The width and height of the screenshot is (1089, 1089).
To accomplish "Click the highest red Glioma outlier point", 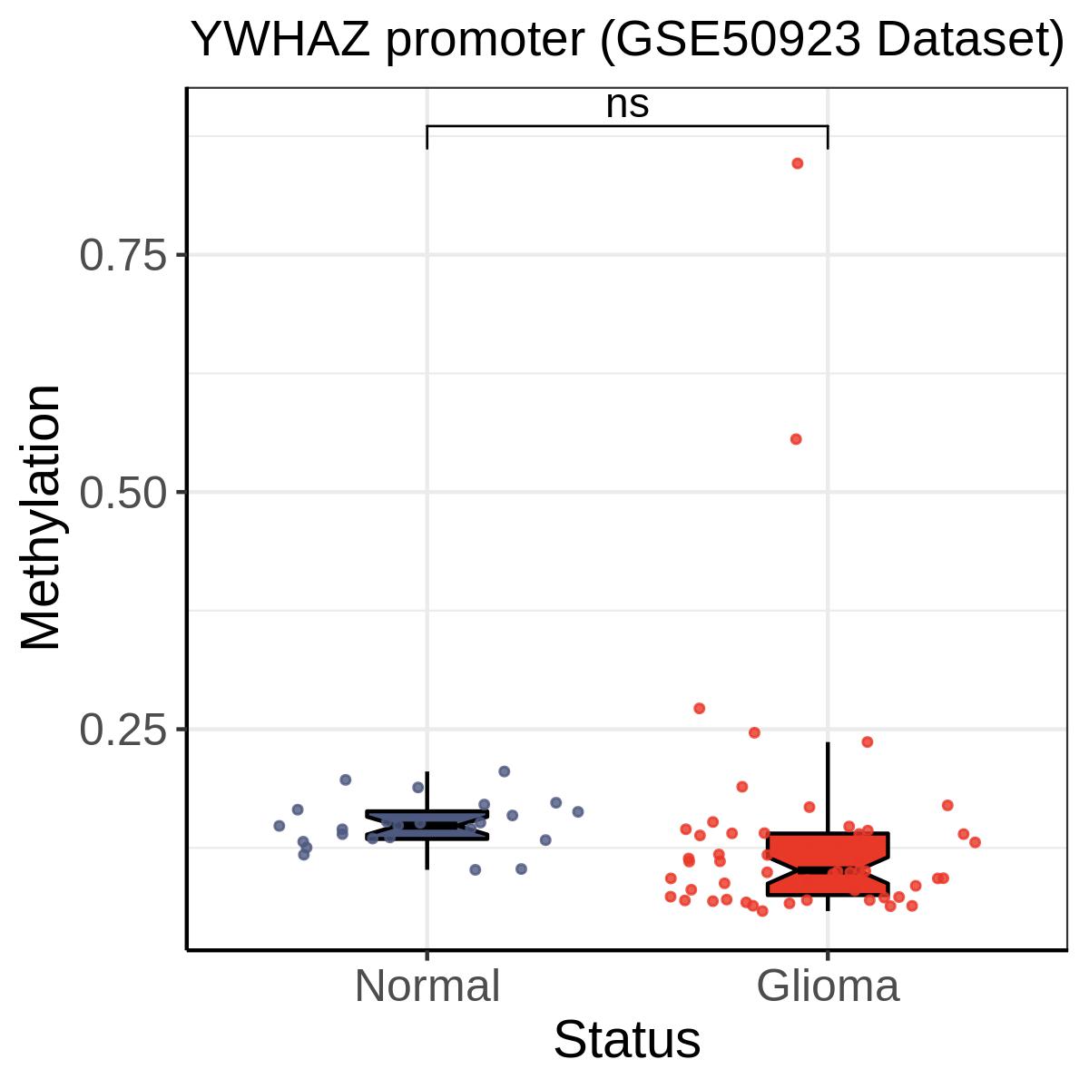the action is coord(797,163).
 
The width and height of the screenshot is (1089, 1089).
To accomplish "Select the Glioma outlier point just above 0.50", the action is coord(796,439).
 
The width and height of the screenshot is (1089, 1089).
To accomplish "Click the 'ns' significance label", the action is coord(627,104).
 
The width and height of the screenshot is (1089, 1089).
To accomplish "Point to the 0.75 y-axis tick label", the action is coord(123,255).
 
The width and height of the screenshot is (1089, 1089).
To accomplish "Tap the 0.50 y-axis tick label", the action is coord(123,492).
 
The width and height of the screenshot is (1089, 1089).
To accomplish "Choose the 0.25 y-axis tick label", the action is coord(123,730).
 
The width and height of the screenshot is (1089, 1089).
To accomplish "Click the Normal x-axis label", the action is coord(427,986).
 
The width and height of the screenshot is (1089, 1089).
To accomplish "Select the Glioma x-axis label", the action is coord(828,986).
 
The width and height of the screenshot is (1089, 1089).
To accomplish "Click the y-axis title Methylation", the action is coord(41,517).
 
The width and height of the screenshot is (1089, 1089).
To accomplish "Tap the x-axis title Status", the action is coord(627,1039).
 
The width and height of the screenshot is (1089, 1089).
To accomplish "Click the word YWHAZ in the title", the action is coord(280,40).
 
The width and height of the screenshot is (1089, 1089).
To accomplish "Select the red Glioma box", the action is coord(828,864).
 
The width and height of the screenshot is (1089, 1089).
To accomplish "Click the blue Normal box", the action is coord(427,825).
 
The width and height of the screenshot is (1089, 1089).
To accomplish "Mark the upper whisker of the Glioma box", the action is coord(828,788).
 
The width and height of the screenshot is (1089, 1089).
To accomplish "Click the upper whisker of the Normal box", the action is coord(427,791).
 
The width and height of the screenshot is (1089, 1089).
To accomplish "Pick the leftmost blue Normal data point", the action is coord(280,826).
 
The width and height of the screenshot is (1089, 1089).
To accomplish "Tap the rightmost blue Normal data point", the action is coord(577,811).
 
